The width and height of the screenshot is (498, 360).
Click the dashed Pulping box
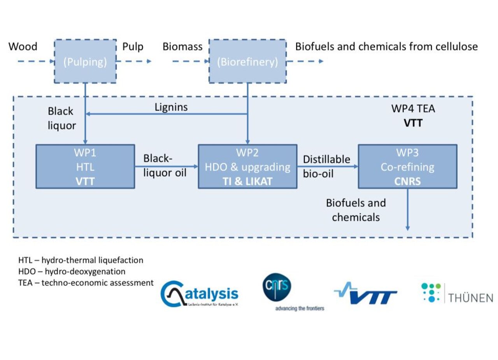point(85,61)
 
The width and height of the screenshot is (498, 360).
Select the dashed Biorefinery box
point(247,61)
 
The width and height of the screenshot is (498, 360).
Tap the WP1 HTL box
point(85,166)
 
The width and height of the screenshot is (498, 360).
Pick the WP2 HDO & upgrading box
point(247,166)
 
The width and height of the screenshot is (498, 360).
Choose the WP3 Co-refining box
point(407,166)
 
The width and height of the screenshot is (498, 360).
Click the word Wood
point(23,47)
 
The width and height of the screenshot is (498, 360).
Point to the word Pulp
point(133,47)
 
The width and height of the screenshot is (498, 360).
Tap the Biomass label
point(182,47)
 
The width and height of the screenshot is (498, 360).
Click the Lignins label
point(171,107)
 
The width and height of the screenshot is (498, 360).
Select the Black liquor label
point(61,118)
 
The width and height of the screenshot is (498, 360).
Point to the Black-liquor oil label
point(165,165)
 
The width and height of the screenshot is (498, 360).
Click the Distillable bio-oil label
point(326,166)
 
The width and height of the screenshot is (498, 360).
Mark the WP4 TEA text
point(413,109)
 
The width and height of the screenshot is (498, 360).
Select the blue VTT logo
point(366,294)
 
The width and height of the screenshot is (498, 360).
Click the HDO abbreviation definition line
point(72,271)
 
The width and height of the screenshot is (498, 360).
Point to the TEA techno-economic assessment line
point(86,283)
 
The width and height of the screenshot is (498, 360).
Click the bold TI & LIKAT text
point(247,181)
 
